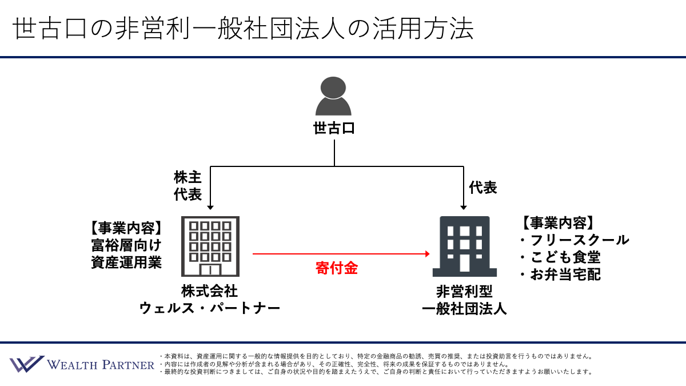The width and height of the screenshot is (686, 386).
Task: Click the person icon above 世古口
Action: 333,96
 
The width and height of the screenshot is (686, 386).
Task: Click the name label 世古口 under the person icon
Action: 334,128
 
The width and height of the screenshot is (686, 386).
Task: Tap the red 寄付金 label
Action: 337,268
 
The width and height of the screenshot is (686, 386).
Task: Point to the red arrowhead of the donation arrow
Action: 427,254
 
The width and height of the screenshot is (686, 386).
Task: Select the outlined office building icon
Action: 210,246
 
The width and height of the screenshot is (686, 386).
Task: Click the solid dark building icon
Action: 465,246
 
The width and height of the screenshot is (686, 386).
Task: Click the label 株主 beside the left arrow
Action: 188,177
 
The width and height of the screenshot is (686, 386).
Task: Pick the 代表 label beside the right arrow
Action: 483,188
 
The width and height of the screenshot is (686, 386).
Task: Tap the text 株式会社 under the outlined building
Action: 209,291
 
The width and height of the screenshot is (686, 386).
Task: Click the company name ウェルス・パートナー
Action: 209,308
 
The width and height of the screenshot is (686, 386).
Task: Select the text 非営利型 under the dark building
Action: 465,291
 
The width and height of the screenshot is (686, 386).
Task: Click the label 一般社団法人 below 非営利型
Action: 464,308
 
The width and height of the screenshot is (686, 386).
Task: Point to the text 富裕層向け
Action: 126,245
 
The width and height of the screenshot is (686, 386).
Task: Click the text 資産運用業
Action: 126,262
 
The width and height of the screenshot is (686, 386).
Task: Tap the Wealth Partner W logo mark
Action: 27,364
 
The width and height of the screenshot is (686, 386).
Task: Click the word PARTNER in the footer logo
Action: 128,365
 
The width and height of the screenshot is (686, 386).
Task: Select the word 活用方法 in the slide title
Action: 423,29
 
